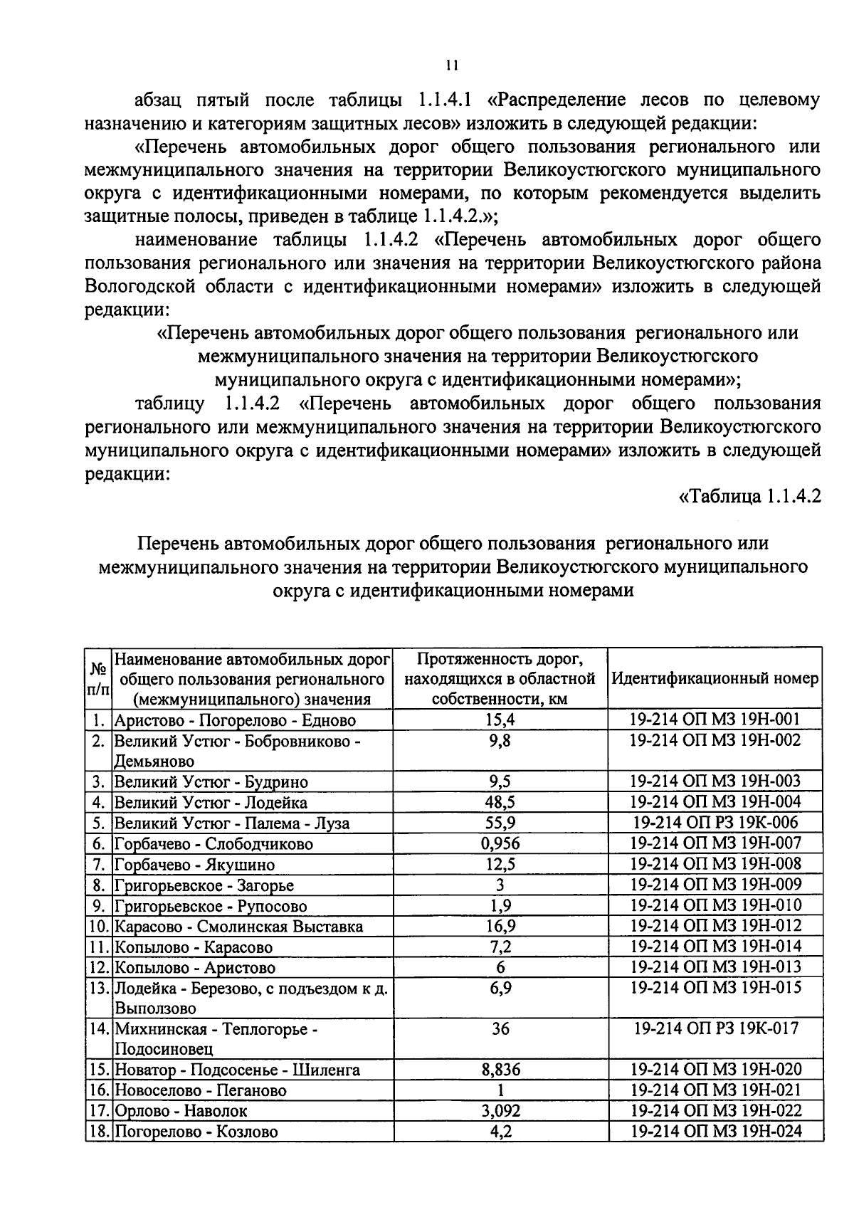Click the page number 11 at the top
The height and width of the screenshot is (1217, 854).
pyautogui.click(x=450, y=66)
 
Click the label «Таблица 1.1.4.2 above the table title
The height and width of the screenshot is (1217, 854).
pyautogui.click(x=749, y=496)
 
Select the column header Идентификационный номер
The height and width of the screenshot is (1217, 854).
pyautogui.click(x=715, y=678)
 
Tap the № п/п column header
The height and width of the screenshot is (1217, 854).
pyautogui.click(x=99, y=678)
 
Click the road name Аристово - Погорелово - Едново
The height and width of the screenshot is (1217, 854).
pyautogui.click(x=235, y=720)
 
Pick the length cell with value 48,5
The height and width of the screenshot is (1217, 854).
pyautogui.click(x=500, y=803)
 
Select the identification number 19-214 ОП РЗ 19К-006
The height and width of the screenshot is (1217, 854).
pyautogui.click(x=715, y=823)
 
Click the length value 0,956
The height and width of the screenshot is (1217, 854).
pyautogui.click(x=500, y=844)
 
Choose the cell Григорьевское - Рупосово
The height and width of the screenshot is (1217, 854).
pyautogui.click(x=211, y=906)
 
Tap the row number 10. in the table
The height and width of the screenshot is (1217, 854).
pyautogui.click(x=98, y=927)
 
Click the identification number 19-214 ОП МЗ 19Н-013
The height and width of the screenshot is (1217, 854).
pyautogui.click(x=715, y=967)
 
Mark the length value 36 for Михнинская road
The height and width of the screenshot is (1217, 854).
pyautogui.click(x=500, y=1029)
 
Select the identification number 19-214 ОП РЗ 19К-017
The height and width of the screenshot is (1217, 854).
pyautogui.click(x=715, y=1028)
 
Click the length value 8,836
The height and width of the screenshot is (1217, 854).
pyautogui.click(x=500, y=1070)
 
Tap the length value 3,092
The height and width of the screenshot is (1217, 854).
pyautogui.click(x=500, y=1111)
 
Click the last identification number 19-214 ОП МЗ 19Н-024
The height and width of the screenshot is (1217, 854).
pyautogui.click(x=715, y=1131)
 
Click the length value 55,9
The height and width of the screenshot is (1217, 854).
pyautogui.click(x=500, y=823)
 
